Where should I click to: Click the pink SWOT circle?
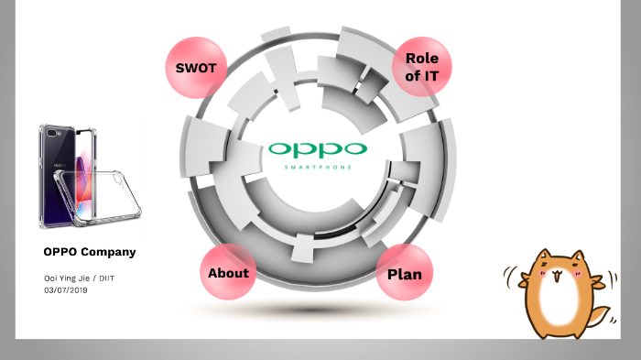(195, 68)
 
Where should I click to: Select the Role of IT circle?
(421, 67)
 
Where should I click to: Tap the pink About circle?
(228, 272)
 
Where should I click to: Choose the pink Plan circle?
(404, 273)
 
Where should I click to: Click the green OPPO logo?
(319, 149)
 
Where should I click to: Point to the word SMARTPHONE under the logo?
(319, 169)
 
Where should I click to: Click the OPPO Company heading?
(90, 251)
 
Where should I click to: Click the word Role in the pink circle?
(421, 58)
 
